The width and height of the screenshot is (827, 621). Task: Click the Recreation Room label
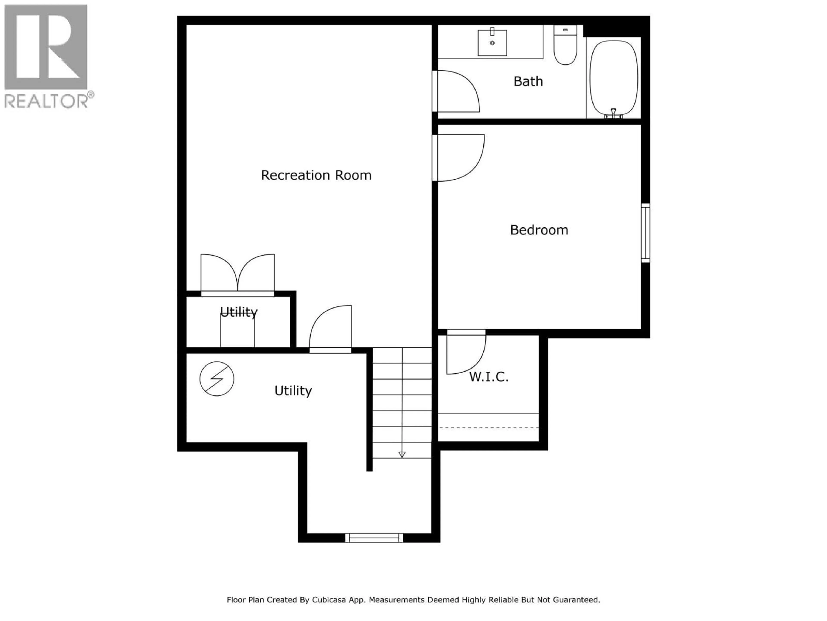316,175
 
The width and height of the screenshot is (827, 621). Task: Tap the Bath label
528,81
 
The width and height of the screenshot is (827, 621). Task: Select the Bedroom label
539,230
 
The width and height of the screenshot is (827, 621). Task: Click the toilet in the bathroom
565,47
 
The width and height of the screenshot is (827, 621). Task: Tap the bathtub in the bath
614,79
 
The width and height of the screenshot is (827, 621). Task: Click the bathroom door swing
458,92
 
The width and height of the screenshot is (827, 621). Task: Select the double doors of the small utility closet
237,273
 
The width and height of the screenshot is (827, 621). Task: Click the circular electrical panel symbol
217,379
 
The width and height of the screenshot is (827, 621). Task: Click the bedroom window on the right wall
645,233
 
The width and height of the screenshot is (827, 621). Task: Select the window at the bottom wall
374,538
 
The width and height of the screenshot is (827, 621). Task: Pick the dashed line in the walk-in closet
488,427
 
